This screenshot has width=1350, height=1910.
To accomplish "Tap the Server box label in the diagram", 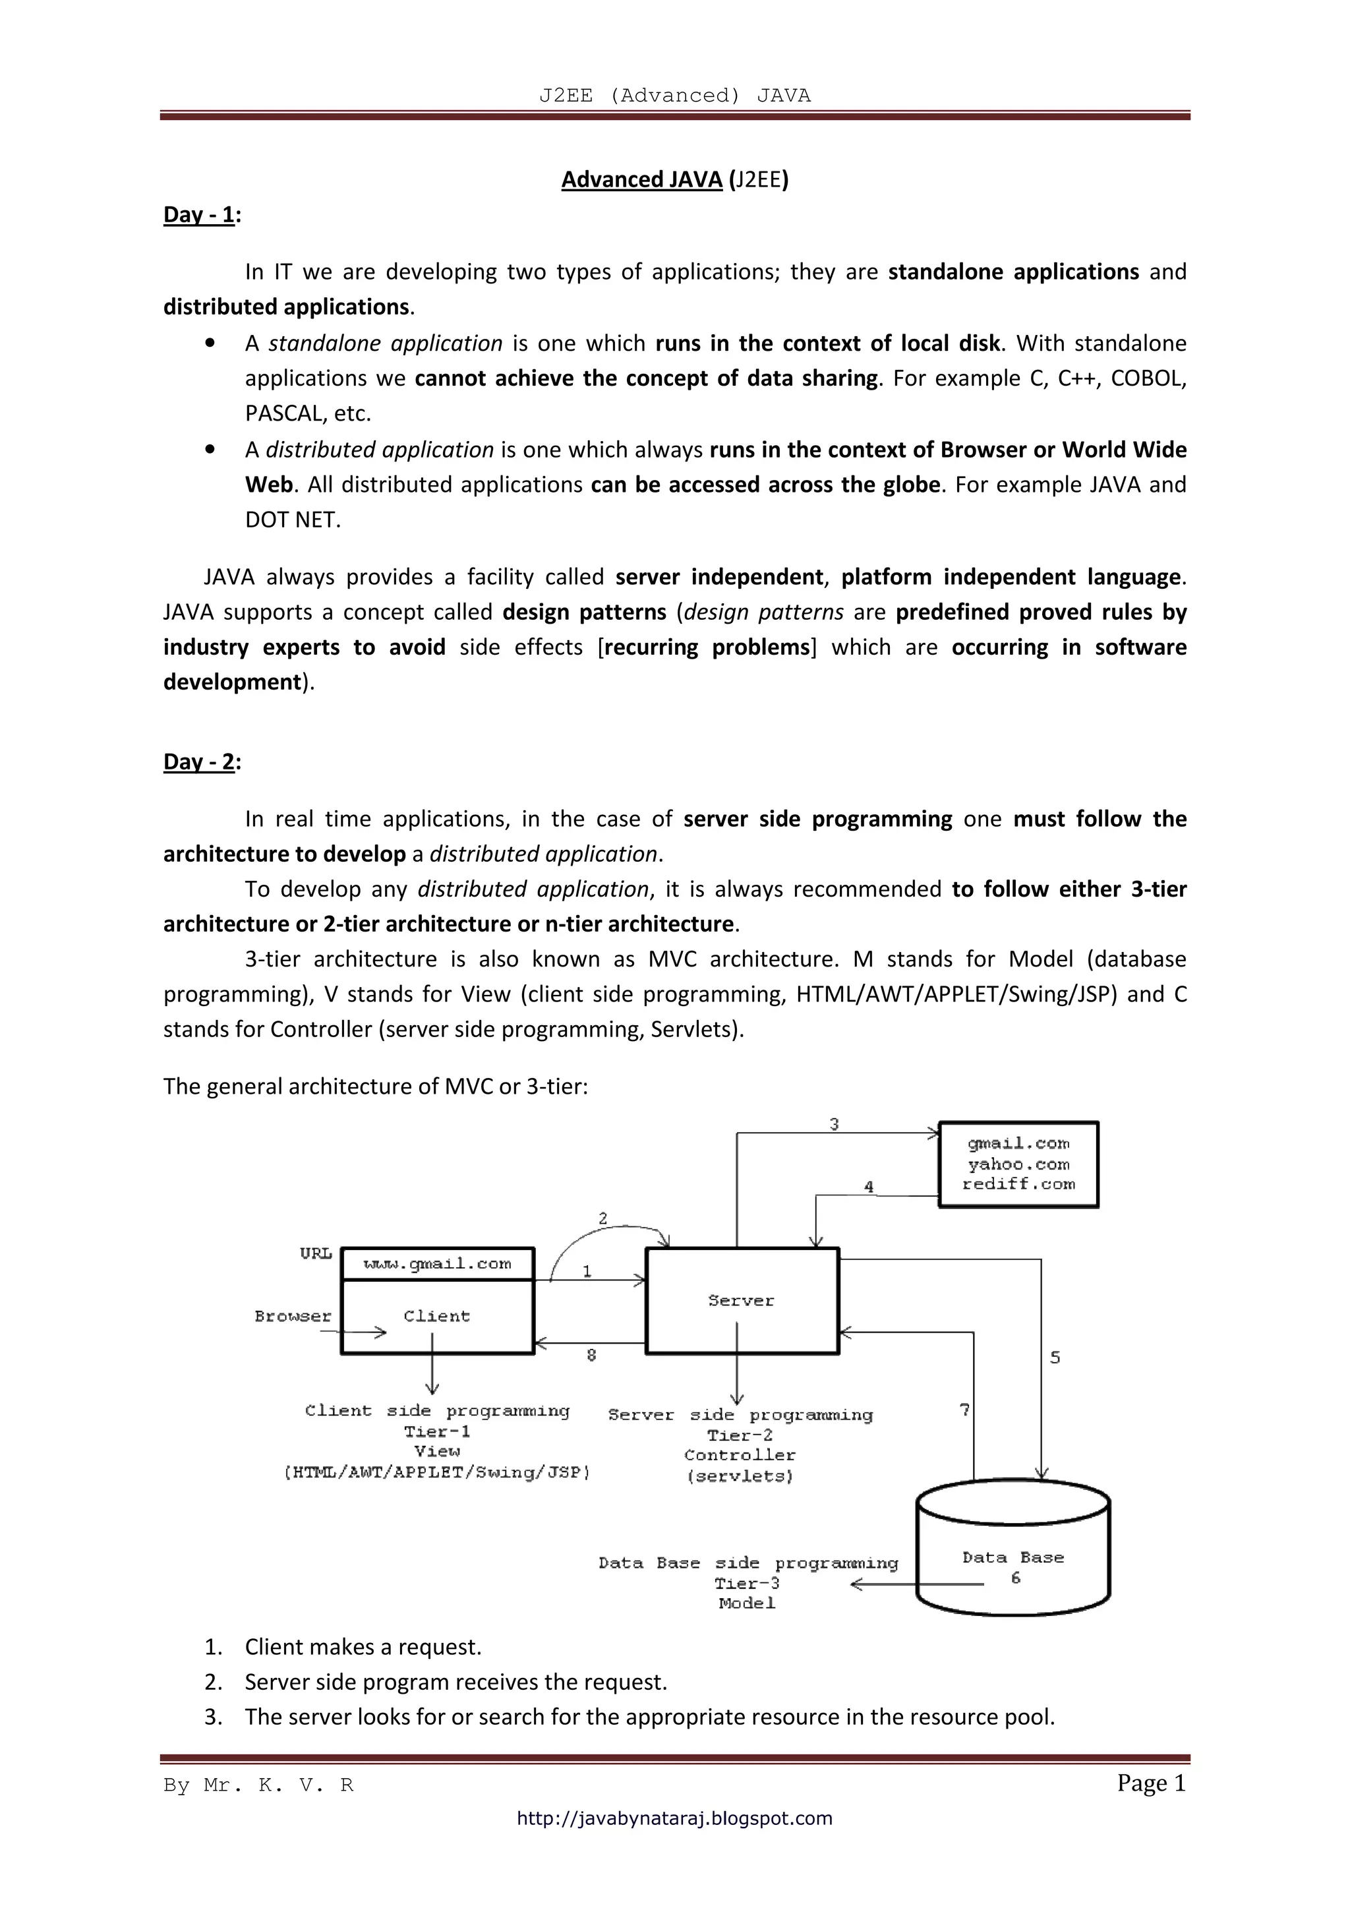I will pos(741,1301).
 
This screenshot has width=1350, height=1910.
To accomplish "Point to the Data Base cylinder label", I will pos(1013,1558).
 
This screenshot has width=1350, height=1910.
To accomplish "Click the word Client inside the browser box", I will pos(436,1317).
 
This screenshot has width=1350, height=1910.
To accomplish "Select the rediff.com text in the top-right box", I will pos(1018,1185).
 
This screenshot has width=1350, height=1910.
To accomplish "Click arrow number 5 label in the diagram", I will pos(1055,1358).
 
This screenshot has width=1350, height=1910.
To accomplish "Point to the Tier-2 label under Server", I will pos(740,1436).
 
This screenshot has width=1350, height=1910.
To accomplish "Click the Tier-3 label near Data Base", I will pos(747,1584).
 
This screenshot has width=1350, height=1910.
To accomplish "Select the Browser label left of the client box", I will pos(293,1317).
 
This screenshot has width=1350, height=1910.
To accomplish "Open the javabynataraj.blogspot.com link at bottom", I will pos(674,1818).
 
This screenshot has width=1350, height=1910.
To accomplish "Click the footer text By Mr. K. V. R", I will pos(258,1786).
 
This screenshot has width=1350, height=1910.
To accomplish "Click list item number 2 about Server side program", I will pos(455,1682).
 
